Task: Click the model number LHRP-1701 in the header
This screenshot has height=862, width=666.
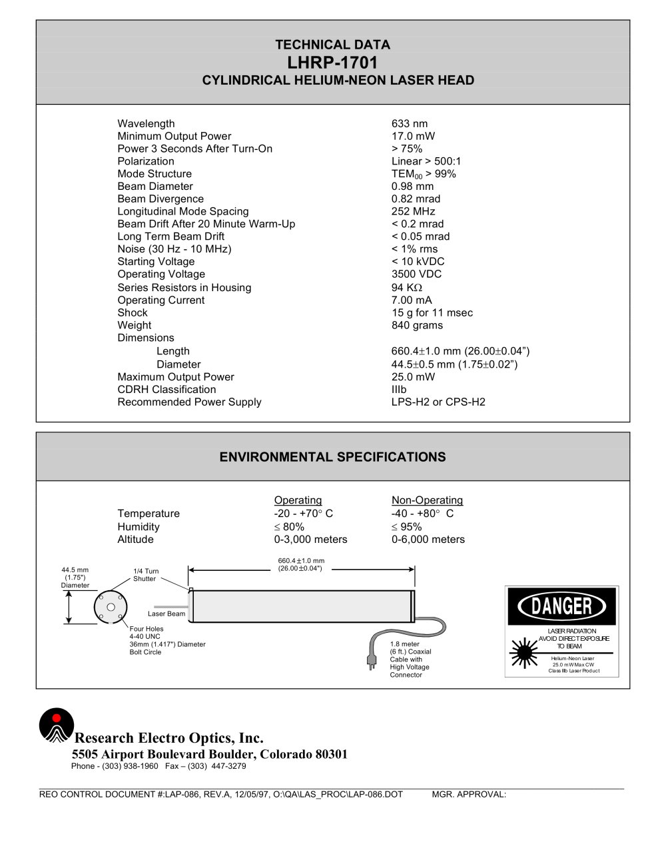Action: click(332, 63)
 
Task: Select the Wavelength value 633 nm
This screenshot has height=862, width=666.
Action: click(410, 124)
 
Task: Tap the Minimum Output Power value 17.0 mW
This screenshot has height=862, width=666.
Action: click(413, 137)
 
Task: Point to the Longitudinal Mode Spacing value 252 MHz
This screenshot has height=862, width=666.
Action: click(413, 212)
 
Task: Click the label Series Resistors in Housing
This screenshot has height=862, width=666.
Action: click(184, 288)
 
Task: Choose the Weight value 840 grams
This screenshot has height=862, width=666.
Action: click(417, 326)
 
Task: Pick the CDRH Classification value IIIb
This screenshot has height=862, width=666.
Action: click(399, 390)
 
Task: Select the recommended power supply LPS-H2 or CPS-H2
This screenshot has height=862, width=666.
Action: click(438, 402)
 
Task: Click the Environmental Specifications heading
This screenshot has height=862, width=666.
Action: click(332, 458)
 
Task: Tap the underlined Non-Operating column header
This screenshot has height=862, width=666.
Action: click(427, 500)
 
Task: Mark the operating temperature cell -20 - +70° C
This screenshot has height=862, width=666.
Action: click(304, 514)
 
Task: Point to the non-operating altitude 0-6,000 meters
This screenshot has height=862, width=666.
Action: click(428, 540)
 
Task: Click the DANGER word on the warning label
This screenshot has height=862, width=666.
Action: click(562, 606)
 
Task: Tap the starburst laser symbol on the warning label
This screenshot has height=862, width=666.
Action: click(523, 653)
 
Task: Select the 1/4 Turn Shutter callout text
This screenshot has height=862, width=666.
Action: click(146, 575)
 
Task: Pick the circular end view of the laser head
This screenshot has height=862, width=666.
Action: click(111, 607)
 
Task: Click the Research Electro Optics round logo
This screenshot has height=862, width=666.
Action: click(56, 725)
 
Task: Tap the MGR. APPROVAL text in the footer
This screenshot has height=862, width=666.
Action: click(469, 795)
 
